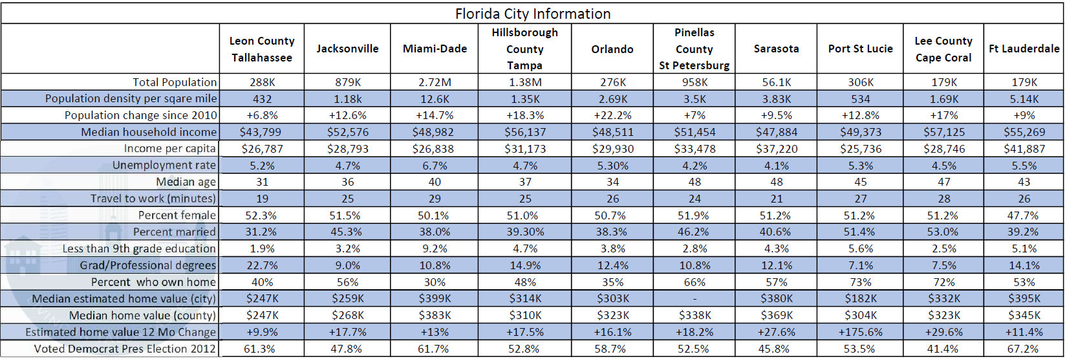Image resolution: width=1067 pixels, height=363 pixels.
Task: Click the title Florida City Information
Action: [x=532, y=14]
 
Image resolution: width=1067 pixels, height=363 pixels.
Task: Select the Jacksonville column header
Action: [x=347, y=49]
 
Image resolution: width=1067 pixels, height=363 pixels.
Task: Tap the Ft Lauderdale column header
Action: [x=1024, y=49]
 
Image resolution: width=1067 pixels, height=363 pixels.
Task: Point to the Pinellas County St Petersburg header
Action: [x=694, y=49]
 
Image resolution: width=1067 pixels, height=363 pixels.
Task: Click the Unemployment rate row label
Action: [x=164, y=165]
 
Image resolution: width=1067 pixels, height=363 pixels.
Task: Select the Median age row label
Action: [x=186, y=182]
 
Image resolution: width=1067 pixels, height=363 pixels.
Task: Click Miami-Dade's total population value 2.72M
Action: [x=435, y=82]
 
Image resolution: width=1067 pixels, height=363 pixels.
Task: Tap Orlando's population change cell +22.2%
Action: [x=612, y=115]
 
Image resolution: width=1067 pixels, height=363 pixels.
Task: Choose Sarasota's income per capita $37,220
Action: [x=776, y=149]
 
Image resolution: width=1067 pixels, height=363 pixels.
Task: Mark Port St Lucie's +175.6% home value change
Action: [x=860, y=332]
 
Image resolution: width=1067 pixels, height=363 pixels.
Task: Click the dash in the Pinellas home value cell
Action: [x=694, y=299]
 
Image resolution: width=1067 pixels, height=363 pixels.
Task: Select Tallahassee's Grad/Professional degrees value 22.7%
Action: [x=262, y=265]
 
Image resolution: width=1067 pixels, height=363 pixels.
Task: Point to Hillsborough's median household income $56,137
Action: [x=524, y=132]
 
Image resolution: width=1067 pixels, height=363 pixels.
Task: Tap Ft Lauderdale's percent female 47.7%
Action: [x=1024, y=215]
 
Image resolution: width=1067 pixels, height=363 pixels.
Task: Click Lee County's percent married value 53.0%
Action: [x=943, y=232]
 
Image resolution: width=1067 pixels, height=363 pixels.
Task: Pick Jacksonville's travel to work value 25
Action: [x=347, y=199]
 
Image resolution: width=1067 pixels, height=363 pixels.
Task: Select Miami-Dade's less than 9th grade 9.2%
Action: [x=435, y=248]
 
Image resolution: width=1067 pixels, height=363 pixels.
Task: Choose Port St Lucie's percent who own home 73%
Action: [x=860, y=282]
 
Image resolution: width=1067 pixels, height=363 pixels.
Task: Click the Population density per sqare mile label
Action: [x=131, y=98]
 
